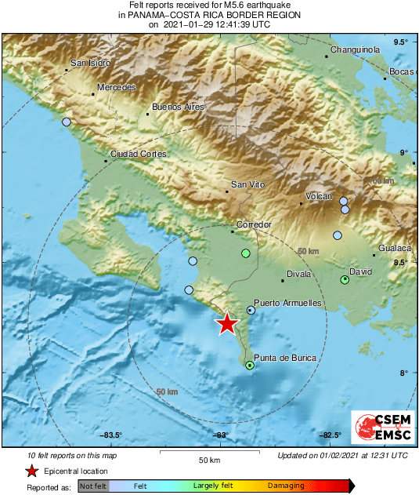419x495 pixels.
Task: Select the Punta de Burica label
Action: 285,359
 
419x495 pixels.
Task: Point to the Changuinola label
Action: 355,49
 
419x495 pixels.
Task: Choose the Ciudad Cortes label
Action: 138,155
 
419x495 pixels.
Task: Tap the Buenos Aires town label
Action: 177,106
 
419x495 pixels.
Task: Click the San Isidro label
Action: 88,63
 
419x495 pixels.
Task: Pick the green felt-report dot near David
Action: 345,280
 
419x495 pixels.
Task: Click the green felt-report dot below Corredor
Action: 246,253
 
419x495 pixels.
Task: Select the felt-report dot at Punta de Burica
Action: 250,366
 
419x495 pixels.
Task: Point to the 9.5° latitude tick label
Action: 401,42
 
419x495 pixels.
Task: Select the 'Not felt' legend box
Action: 92,486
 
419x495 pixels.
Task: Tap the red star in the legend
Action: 31,471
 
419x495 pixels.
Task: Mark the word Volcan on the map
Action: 319,196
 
